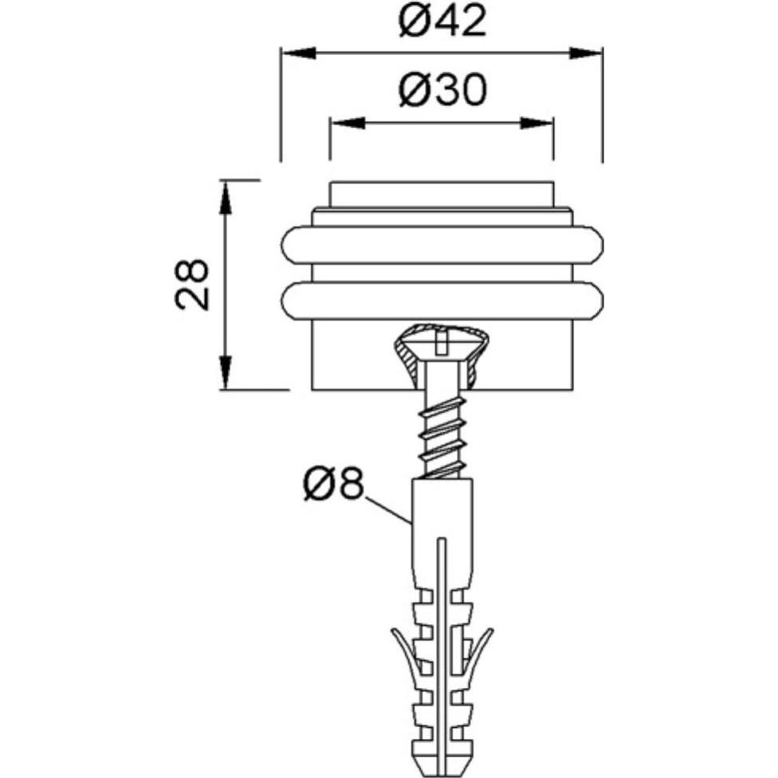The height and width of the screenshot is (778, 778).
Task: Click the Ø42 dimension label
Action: point(442,22)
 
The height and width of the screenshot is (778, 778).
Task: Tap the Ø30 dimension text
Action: point(442,90)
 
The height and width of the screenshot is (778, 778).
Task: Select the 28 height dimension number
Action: point(191,285)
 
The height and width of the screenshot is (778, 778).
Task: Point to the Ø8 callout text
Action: point(333,485)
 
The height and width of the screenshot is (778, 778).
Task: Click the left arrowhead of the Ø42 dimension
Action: point(298,53)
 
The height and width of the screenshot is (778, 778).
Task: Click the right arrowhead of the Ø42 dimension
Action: point(585,53)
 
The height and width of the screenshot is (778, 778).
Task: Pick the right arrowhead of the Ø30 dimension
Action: point(536,123)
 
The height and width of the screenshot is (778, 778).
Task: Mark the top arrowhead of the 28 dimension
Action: point(226,198)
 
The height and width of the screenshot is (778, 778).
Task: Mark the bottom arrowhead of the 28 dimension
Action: point(226,372)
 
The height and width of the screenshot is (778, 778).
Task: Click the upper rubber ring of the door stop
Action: point(442,245)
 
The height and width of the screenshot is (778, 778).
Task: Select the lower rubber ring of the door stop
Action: point(442,301)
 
